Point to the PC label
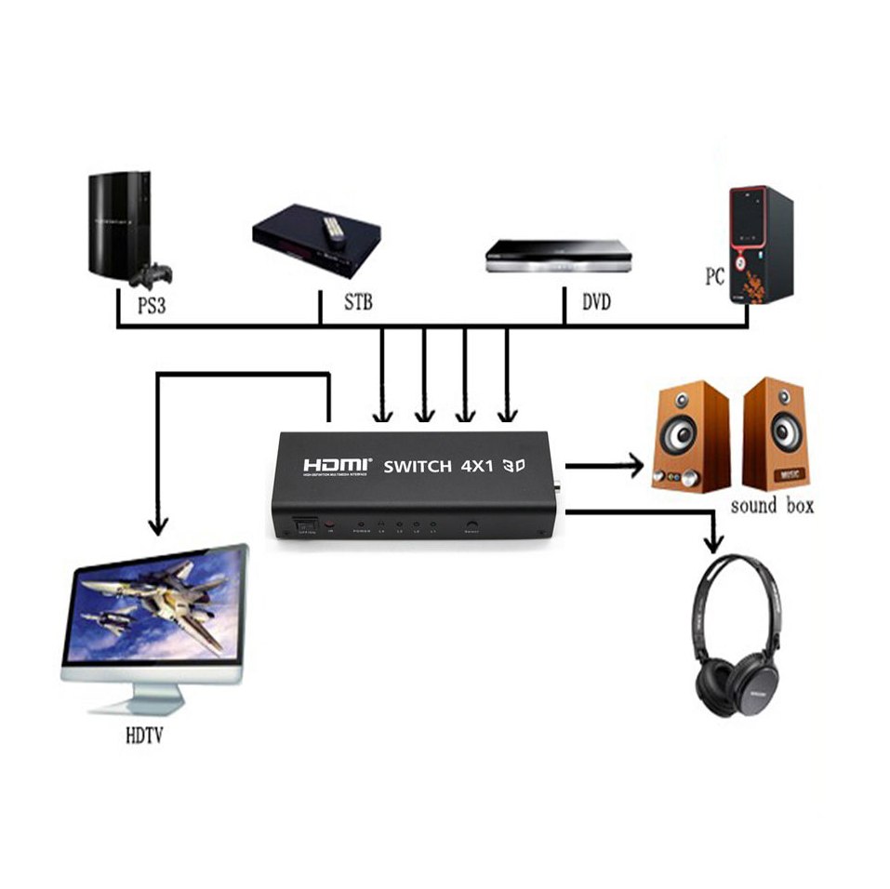pyautogui.click(x=715, y=277)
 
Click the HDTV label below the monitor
pyautogui.click(x=144, y=737)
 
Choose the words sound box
pyautogui.click(x=772, y=506)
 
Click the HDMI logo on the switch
pyautogui.click(x=337, y=464)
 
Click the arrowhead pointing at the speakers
pyautogui.click(x=635, y=464)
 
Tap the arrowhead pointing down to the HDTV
pyautogui.click(x=159, y=526)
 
